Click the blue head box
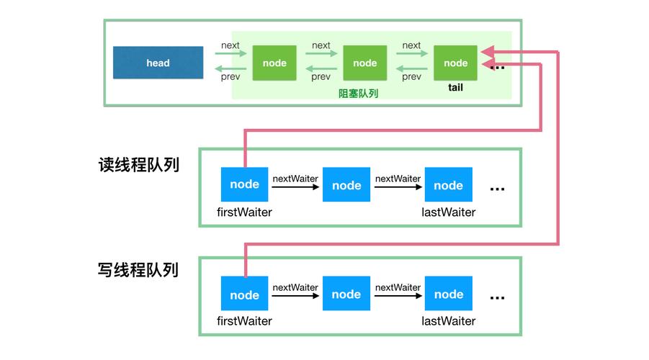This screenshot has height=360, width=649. [158, 63]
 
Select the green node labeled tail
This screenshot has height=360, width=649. [455, 63]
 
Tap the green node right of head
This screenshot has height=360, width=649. [274, 63]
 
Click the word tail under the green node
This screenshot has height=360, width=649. [455, 87]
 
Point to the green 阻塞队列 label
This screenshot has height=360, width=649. [359, 94]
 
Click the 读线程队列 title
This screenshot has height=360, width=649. [138, 165]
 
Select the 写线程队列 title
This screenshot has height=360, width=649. [138, 270]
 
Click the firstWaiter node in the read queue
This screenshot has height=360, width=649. [245, 184]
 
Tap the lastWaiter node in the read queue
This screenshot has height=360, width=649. [448, 184]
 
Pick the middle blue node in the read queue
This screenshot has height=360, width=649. [346, 184]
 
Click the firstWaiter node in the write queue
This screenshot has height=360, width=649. [245, 293]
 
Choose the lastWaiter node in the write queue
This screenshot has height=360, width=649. [448, 293]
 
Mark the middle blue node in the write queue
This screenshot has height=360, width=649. [346, 293]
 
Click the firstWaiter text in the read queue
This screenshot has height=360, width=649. [244, 212]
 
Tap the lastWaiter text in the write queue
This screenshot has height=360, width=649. [448, 321]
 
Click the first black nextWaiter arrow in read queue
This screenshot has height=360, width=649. [295, 187]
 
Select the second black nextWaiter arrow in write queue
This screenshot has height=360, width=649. [398, 296]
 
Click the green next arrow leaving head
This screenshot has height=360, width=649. [230, 53]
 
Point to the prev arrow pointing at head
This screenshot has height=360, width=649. [230, 68]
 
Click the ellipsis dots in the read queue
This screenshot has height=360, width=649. [497, 189]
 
